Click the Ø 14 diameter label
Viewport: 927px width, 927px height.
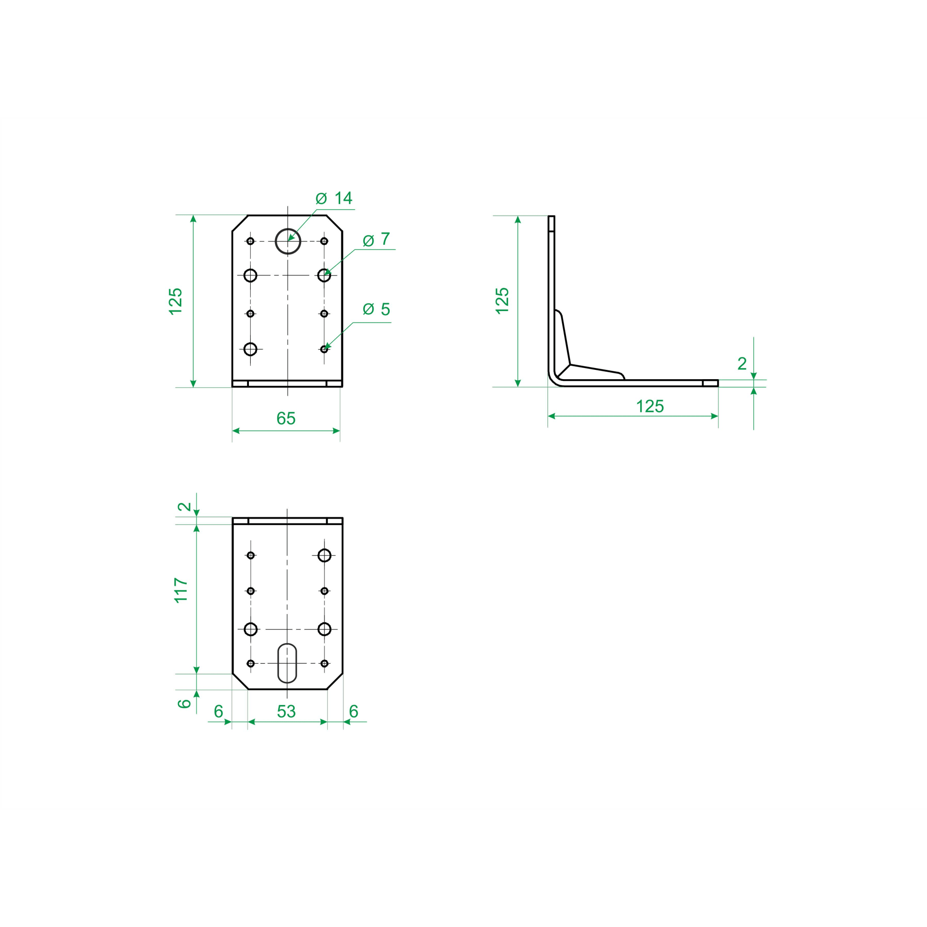[334, 198]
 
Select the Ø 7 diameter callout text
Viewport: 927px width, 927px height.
[376, 239]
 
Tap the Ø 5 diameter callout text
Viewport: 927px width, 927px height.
[376, 309]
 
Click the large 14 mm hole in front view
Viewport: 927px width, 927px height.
[288, 241]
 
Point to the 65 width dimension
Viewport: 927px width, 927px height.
[286, 419]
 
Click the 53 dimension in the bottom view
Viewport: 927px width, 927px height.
[286, 711]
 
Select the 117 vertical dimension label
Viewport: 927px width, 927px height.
[181, 590]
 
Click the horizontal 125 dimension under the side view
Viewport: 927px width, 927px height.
[650, 406]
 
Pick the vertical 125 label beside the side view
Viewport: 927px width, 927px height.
[502, 301]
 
